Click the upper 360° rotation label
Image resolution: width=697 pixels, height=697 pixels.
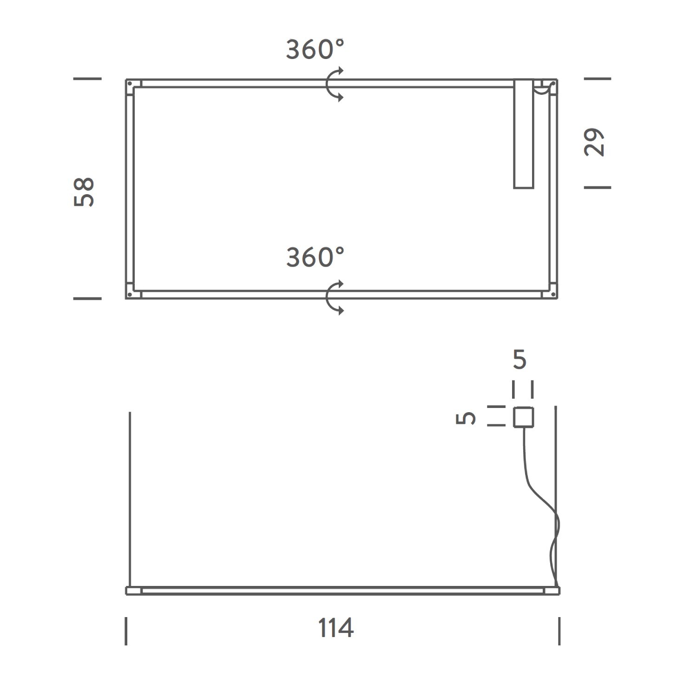click(x=315, y=50)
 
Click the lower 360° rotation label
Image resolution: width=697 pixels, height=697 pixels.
click(x=315, y=257)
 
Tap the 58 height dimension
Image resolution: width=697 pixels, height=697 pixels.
click(x=85, y=191)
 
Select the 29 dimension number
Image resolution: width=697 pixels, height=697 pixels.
click(x=594, y=142)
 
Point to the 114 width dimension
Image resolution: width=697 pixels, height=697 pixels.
click(x=336, y=628)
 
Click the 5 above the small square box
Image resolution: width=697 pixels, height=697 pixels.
click(x=519, y=359)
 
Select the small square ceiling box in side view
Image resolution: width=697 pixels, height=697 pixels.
click(x=523, y=417)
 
